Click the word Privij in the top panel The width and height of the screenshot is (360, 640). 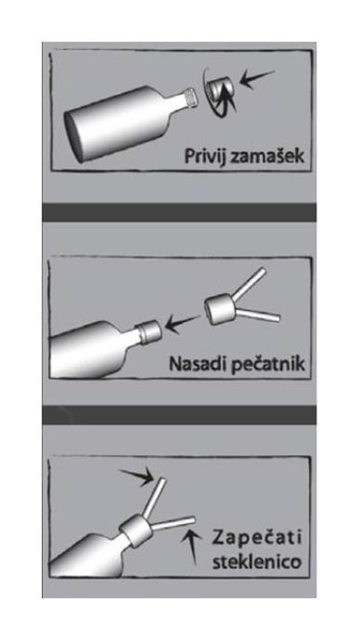point(203,156)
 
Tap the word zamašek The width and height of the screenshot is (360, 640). point(266,155)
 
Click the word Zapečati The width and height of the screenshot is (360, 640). point(257,538)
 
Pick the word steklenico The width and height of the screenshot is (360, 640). point(257,561)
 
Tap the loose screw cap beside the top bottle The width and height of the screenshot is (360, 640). point(221,90)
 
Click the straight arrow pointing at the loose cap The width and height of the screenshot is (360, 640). point(257,77)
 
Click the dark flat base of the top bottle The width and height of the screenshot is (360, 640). point(74,134)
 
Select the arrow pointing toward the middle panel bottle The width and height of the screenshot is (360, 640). point(183,323)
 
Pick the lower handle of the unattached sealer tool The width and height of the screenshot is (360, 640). point(257,314)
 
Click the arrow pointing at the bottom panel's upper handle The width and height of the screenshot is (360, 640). point(136,477)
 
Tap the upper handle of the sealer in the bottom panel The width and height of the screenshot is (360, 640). point(155,497)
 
